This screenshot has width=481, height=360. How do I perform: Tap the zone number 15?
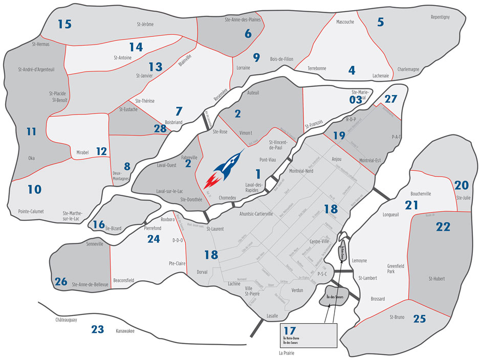[x=64, y=24]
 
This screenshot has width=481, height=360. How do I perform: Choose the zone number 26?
[x=60, y=281]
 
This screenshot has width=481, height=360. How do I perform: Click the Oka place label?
[x=32, y=158]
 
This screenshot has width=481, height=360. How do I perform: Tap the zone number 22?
[x=443, y=227]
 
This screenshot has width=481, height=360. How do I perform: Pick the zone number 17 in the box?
[x=290, y=331]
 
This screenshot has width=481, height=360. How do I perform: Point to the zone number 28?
[x=160, y=128]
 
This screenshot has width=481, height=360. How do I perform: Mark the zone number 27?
[x=390, y=99]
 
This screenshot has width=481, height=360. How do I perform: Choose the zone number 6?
[x=248, y=34]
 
